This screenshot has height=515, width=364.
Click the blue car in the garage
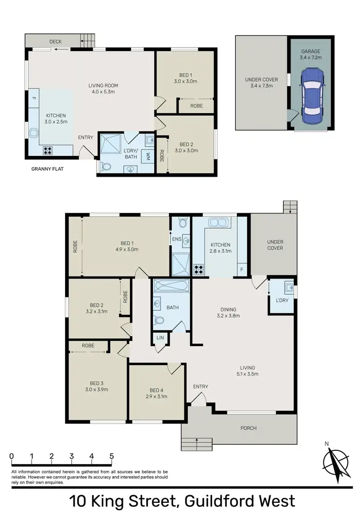pyautogui.click(x=312, y=96)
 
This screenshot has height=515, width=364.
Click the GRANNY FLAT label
pyautogui.click(x=48, y=169)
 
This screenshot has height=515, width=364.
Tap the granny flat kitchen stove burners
pyautogui.click(x=48, y=150)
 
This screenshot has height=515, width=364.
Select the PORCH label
pyautogui.click(x=248, y=428)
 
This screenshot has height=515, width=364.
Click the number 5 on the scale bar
pyautogui.click(x=112, y=456)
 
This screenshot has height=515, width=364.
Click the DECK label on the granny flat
pyautogui.click(x=55, y=42)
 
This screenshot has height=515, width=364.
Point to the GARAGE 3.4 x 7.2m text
pyautogui.click(x=311, y=54)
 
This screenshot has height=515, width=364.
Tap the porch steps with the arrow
pyautogui.click(x=197, y=444)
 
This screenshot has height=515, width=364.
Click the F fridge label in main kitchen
pyautogui.click(x=241, y=270)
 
